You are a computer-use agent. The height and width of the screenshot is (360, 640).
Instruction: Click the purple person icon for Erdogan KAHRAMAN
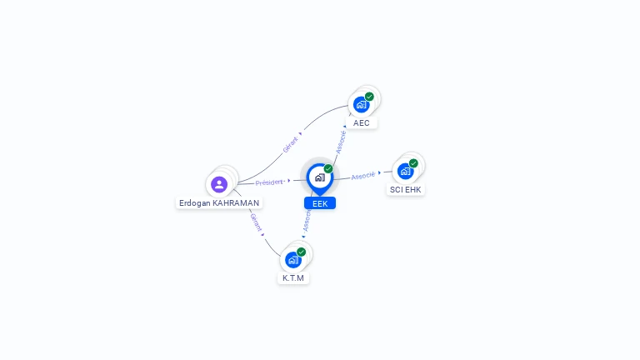coord(219,184)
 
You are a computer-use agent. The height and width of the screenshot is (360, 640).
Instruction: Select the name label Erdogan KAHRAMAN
coord(219,202)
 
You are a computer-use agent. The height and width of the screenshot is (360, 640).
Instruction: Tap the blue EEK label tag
coord(320,203)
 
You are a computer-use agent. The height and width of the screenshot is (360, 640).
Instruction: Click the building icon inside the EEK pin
coord(319,177)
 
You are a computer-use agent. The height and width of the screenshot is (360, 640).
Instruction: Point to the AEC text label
coord(362,122)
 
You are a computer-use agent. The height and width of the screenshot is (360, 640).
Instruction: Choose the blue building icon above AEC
coord(361,104)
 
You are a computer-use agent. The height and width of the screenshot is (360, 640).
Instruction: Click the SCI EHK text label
coord(406,189)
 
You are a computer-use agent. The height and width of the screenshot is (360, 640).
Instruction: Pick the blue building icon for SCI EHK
coord(405,171)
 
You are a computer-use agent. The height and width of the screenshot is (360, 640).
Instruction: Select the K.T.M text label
coord(293,277)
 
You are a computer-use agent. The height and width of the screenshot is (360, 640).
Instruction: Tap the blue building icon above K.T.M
coord(292,259)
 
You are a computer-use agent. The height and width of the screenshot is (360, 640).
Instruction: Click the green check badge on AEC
coord(369,97)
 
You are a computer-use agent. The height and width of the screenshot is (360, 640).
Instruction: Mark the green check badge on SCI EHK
coord(413,163)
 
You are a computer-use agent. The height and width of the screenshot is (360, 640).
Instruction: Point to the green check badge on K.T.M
coord(301,252)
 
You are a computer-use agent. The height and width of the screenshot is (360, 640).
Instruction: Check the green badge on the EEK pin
coord(328,169)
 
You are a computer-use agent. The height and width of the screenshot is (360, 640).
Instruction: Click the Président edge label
coord(269,182)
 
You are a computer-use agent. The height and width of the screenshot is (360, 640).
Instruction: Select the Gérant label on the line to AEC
coord(290,144)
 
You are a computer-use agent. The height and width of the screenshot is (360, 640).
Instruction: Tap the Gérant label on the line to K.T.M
coord(256,222)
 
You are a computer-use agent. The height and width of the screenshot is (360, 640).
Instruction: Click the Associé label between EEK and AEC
coord(341,141)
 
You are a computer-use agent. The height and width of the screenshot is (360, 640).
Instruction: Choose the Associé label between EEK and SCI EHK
coord(363,176)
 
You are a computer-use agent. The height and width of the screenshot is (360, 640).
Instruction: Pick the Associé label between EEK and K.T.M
coord(307,220)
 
